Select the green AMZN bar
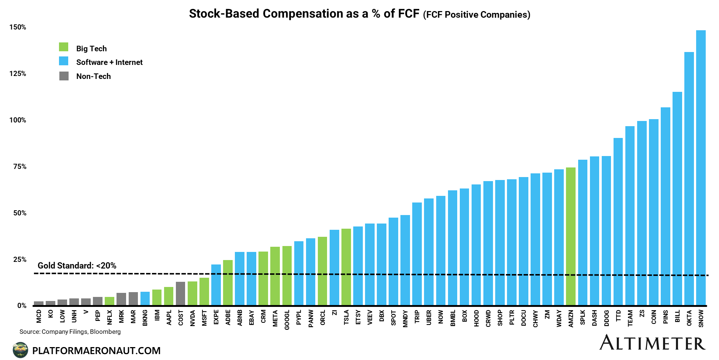point(571,236)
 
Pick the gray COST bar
point(181,294)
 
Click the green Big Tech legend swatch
point(64,47)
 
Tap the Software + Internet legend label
point(109,62)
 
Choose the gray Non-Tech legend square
point(64,76)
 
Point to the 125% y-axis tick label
point(18,74)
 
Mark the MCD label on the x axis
point(39,316)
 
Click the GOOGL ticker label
point(287,319)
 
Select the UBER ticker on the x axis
point(429,318)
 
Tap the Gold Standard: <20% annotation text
point(77,266)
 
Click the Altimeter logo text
point(652,343)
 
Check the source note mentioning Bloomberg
point(70,332)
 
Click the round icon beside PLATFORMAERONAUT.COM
point(20,350)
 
